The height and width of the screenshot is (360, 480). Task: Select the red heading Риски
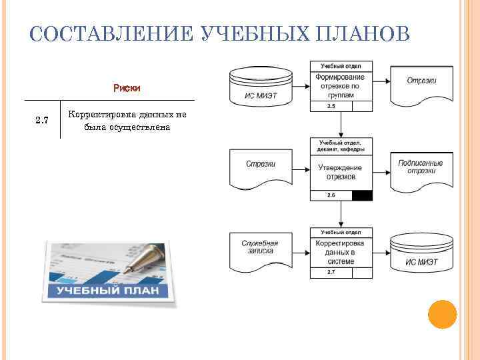click(x=127, y=88)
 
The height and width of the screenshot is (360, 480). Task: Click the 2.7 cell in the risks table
click(x=42, y=120)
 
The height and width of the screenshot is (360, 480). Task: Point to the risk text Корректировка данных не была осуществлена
click(x=127, y=121)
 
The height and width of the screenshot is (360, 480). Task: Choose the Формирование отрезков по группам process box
click(x=341, y=86)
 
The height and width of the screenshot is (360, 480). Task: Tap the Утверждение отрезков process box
click(x=341, y=172)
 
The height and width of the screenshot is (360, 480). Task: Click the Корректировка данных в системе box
click(x=341, y=253)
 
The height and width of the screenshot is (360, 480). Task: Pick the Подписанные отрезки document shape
click(x=421, y=168)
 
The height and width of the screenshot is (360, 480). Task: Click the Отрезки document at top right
click(x=421, y=83)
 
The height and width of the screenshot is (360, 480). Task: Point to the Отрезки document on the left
click(x=261, y=167)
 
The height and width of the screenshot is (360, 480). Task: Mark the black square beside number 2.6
click(x=362, y=195)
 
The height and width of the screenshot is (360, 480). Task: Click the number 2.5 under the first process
click(x=331, y=107)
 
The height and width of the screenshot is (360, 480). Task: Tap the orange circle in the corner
click(x=441, y=314)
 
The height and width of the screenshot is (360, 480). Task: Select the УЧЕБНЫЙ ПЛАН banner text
click(x=107, y=291)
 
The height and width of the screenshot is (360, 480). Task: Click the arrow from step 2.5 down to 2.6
click(x=341, y=124)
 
